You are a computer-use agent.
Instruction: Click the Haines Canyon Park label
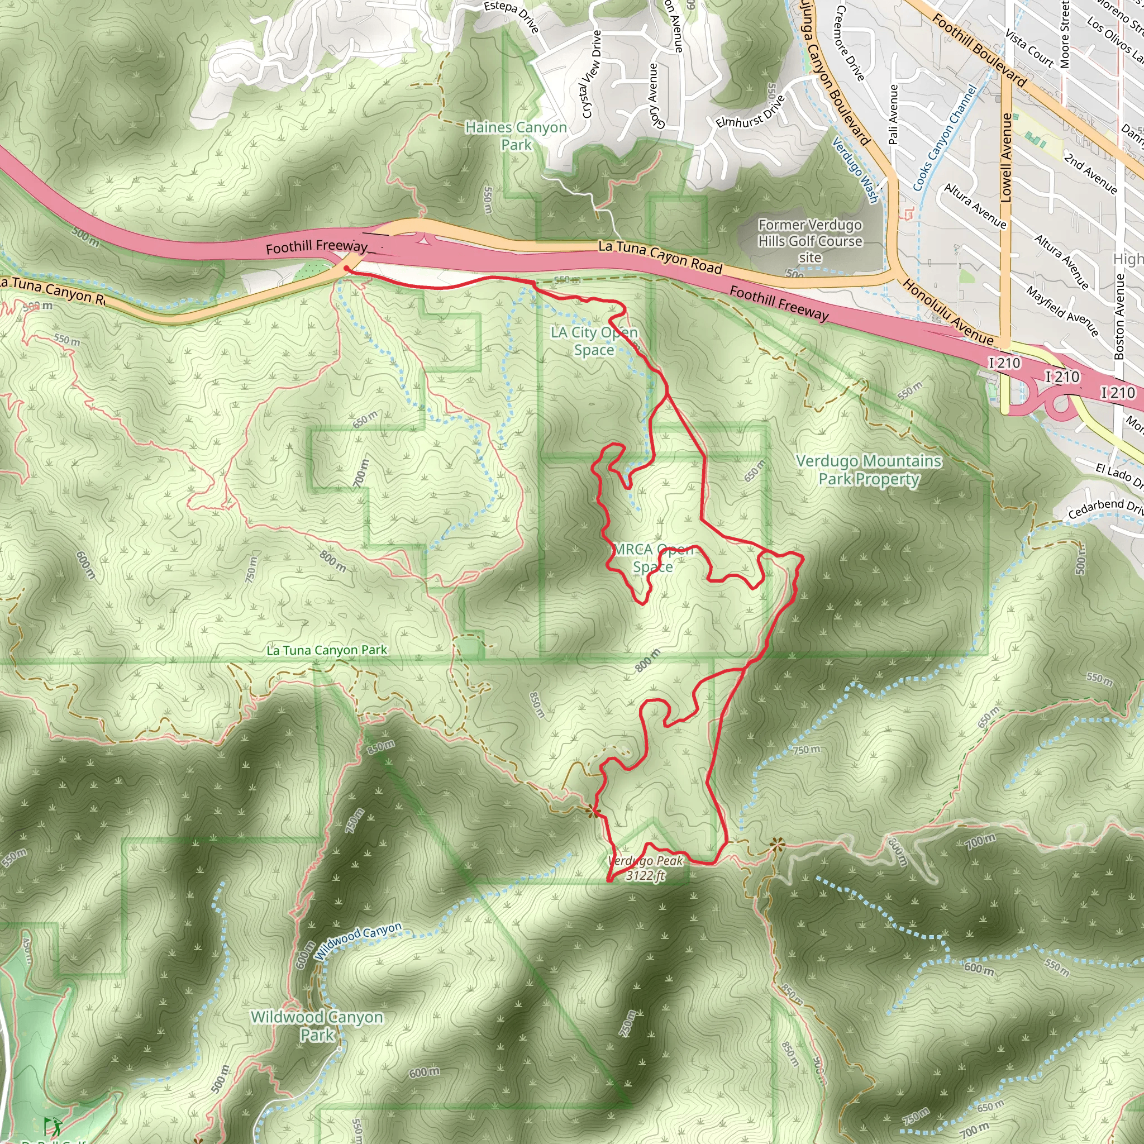516,136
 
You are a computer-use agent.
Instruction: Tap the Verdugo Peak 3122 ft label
645,868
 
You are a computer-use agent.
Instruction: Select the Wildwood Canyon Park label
317,1026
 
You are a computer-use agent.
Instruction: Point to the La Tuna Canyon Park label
326,650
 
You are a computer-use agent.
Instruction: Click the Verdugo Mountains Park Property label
869,470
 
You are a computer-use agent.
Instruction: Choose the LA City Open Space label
594,341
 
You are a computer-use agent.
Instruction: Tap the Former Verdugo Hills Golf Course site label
810,241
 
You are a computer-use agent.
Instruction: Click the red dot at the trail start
346,268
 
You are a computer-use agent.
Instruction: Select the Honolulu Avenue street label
947,312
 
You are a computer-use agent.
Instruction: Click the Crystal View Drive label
592,74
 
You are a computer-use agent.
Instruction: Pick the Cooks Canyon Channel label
945,137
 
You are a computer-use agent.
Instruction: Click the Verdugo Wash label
855,170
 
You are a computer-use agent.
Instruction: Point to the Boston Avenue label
1119,316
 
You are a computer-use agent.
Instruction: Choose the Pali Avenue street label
894,114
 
